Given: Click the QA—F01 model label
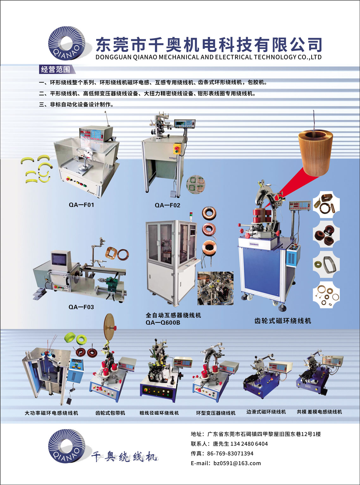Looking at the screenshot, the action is click(81, 205).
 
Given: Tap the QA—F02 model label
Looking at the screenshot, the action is click(168, 205).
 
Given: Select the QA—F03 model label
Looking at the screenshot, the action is click(81, 307).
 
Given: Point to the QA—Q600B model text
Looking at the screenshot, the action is click(163, 322).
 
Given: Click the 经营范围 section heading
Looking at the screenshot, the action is click(56, 69).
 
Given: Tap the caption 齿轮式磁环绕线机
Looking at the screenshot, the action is click(282, 321).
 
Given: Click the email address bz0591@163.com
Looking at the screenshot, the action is click(237, 463).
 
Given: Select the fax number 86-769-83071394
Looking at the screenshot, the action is click(230, 453).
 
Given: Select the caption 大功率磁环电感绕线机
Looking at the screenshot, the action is click(51, 413).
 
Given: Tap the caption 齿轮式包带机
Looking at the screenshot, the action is click(110, 413).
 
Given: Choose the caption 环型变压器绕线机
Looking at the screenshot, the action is click(216, 413).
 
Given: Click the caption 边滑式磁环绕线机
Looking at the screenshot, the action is click(266, 412).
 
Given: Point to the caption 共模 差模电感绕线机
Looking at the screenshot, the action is click(319, 412).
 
